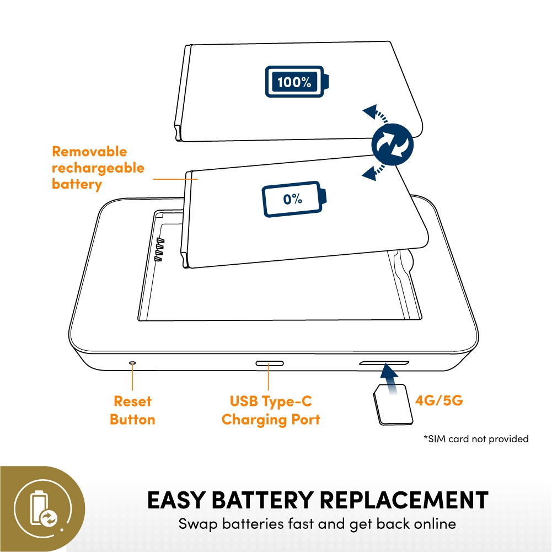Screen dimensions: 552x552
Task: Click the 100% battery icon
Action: click(x=297, y=81)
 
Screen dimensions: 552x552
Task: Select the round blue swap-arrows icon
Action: click(x=392, y=144)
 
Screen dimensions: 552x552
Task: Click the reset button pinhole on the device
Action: click(x=132, y=362)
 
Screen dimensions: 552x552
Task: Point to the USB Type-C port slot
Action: click(x=270, y=363)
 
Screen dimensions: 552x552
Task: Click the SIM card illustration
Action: click(x=393, y=404)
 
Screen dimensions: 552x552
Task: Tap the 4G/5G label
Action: click(x=438, y=400)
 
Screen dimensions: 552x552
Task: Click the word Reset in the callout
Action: click(x=132, y=401)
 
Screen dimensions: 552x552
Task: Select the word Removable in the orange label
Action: click(x=89, y=152)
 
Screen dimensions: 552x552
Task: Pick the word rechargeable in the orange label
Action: click(x=98, y=168)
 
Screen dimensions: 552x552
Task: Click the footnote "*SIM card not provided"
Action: click(x=476, y=438)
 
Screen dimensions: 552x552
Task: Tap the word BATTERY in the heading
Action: click(x=262, y=500)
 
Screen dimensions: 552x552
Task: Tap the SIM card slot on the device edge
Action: click(x=384, y=363)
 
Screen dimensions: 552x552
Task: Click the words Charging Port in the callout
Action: click(x=271, y=420)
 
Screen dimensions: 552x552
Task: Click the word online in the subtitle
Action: click(x=435, y=524)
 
